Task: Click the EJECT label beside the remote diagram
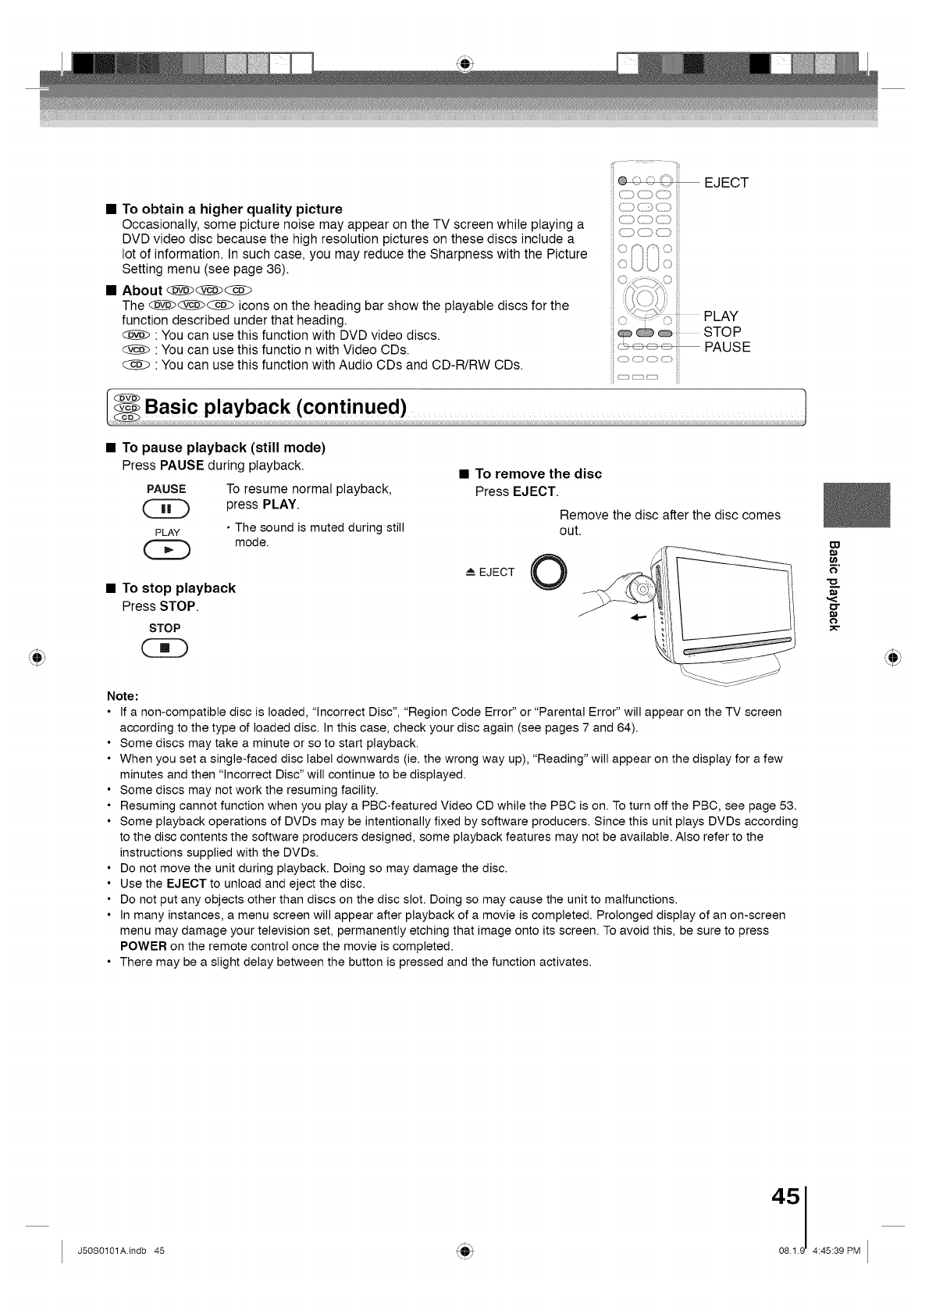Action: pyautogui.click(x=726, y=183)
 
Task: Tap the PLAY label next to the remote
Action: pyautogui.click(x=721, y=316)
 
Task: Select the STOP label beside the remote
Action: pyautogui.click(x=722, y=332)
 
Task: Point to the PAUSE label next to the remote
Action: pyautogui.click(x=727, y=348)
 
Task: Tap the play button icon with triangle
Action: pyautogui.click(x=167, y=551)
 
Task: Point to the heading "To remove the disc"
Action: pyautogui.click(x=538, y=473)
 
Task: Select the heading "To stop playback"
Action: pyautogui.click(x=178, y=588)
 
